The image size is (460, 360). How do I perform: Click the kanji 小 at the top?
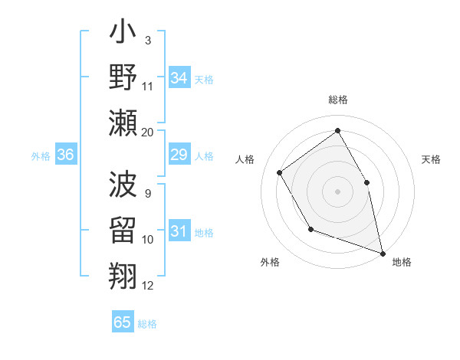click(x=123, y=36)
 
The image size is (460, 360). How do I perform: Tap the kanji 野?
click(x=123, y=78)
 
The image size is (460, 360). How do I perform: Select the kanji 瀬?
click(x=123, y=123)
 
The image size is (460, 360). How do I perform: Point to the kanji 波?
click(x=123, y=185)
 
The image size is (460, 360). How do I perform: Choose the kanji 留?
click(x=123, y=230)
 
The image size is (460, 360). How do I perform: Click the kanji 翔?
click(x=123, y=273)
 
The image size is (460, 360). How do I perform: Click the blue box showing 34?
click(x=179, y=77)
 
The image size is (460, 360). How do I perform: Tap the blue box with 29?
click(x=179, y=155)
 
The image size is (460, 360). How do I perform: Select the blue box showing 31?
click(x=179, y=232)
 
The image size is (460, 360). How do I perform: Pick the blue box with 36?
click(x=65, y=155)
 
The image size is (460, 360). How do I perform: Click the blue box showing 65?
click(x=123, y=322)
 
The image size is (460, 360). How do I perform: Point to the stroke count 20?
click(x=148, y=132)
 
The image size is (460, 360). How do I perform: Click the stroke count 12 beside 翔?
click(x=148, y=286)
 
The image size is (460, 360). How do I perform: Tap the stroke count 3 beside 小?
click(x=147, y=39)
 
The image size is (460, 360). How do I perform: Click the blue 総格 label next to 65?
click(x=148, y=324)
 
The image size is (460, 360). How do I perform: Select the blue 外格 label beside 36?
click(x=41, y=156)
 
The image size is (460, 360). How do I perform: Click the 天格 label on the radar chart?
click(x=431, y=159)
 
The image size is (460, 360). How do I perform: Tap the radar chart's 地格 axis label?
click(x=402, y=262)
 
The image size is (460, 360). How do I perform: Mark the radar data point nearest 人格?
click(x=280, y=172)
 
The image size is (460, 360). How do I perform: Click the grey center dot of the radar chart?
click(x=337, y=191)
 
